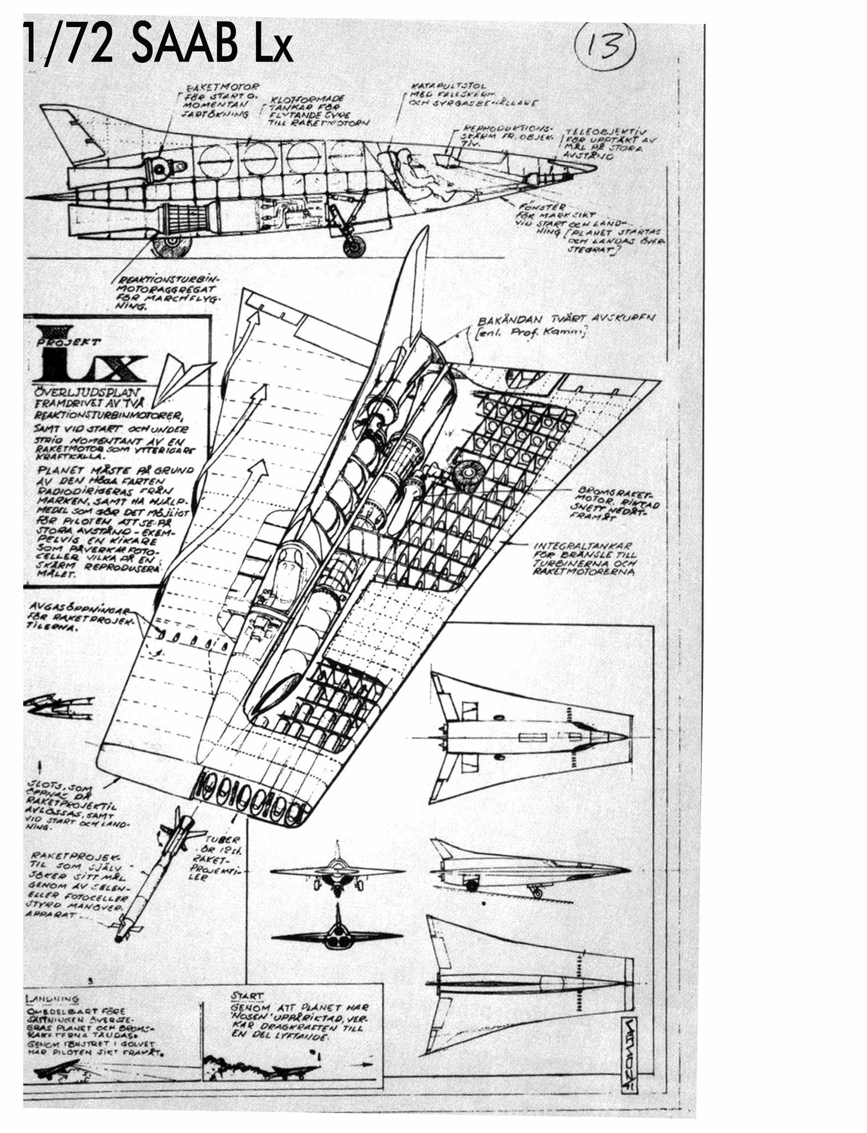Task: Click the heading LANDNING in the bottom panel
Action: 53,999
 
